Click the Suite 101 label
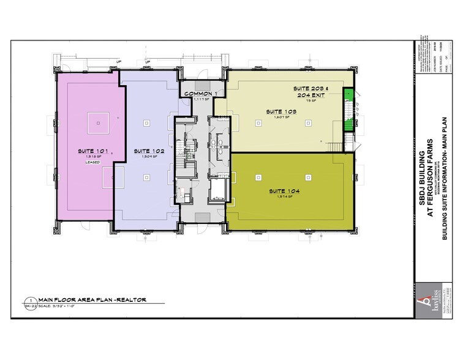(92, 151)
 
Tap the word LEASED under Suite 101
(92, 162)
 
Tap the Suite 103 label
(281, 111)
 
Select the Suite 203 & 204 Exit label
(312, 92)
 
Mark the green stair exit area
(348, 109)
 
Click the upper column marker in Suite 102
(146, 123)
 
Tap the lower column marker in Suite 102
(146, 178)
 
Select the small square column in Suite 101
(97, 121)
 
